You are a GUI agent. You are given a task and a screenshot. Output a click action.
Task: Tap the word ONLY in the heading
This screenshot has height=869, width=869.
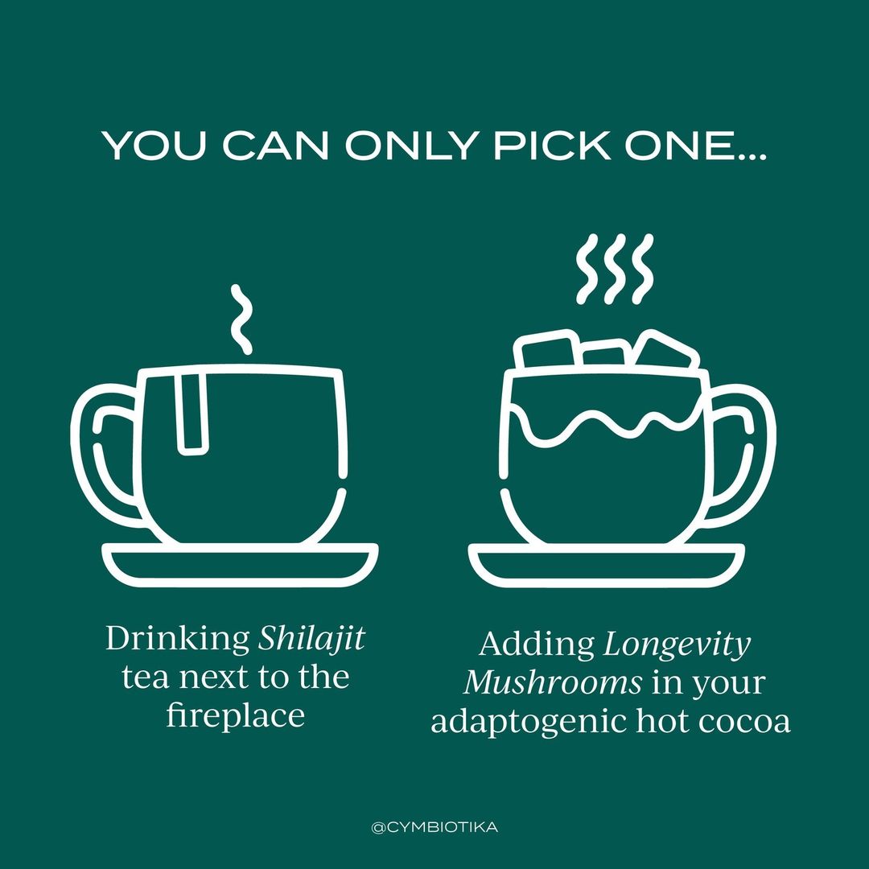tap(411, 146)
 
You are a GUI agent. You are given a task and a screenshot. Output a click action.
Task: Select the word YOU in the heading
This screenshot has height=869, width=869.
tap(154, 146)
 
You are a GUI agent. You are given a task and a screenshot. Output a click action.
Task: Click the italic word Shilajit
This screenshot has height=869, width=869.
tap(311, 640)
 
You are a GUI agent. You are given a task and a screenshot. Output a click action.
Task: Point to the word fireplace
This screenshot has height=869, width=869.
tap(236, 716)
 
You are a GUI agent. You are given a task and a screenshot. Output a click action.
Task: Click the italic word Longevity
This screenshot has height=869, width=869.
tap(677, 645)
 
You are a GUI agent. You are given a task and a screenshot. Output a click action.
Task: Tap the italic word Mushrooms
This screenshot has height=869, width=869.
tap(553, 683)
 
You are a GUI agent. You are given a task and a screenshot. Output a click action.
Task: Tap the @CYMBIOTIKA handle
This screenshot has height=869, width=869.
tap(434, 827)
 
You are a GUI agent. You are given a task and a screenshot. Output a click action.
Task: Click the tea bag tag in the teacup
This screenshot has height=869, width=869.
tap(192, 413)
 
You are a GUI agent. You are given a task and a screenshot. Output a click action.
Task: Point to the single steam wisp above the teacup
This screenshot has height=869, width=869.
tap(241, 319)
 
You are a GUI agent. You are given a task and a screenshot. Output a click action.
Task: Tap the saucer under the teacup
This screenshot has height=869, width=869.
tap(240, 566)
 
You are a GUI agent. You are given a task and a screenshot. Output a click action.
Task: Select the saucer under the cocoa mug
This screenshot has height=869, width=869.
tap(607, 566)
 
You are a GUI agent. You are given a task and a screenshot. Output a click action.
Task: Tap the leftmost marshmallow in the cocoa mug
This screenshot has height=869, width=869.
tap(546, 350)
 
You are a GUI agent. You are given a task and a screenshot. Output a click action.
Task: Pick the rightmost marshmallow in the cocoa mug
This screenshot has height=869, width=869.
tap(667, 349)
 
